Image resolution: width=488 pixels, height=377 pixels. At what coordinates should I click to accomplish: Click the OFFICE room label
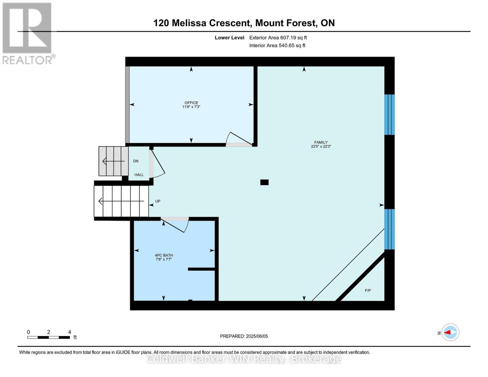191,103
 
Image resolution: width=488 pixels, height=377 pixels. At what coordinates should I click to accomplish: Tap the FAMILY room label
321,142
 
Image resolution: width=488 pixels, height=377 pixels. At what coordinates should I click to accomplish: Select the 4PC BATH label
164,255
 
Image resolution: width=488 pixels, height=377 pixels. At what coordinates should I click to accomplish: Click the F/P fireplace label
368,290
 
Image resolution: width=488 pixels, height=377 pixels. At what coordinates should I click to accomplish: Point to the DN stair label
136,161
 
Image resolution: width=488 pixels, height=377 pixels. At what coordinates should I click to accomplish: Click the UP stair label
158,201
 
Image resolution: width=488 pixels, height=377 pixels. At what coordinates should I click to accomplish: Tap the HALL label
139,175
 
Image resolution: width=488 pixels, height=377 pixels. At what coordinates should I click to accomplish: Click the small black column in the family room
264,182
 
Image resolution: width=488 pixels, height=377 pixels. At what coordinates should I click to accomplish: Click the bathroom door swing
176,224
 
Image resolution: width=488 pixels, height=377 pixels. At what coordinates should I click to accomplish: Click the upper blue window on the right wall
389,115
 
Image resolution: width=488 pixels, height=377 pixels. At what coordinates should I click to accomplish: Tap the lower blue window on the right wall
389,229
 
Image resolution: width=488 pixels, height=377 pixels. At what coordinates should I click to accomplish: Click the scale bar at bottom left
49,337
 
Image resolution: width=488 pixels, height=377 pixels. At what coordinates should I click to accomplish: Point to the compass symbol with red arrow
450,332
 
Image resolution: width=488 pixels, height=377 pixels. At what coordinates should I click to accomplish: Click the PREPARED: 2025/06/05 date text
244,336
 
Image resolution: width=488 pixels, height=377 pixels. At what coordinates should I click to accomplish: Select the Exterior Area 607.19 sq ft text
278,38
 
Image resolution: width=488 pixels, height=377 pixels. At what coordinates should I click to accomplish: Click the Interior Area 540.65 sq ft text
277,46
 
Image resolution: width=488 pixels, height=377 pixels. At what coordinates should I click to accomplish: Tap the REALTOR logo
28,33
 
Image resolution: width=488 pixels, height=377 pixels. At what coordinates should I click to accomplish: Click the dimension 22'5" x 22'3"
321,146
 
